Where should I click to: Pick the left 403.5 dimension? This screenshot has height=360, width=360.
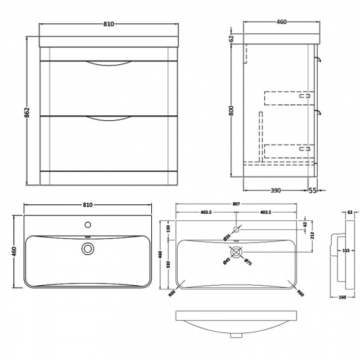pyautogui.click(x=206, y=213)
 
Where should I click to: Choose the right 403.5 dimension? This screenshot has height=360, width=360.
pyautogui.click(x=267, y=213)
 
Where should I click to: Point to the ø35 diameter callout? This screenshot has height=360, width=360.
pyautogui.click(x=227, y=238)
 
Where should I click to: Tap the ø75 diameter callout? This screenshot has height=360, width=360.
pyautogui.click(x=248, y=264)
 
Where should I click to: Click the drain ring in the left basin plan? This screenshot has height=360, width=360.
pyautogui.click(x=88, y=249)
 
